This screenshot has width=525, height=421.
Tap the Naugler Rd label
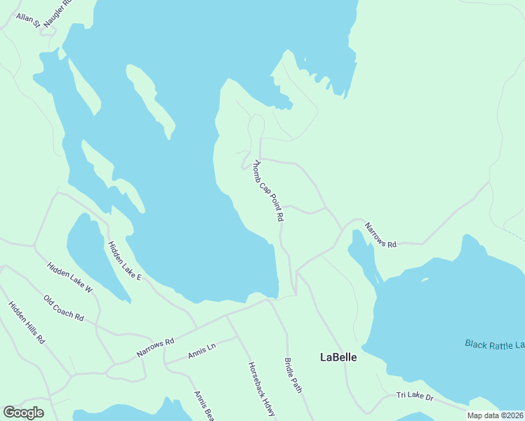pyautogui.click(x=58, y=13)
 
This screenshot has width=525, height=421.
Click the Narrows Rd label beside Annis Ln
pyautogui.click(x=155, y=347)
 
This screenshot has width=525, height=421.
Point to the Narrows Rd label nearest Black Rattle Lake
pyautogui.click(x=380, y=235)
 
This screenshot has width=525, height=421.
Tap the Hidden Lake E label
pyautogui.click(x=124, y=261)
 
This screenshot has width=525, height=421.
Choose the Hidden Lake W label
pyautogui.click(x=69, y=276)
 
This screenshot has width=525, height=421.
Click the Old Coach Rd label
pyautogui.click(x=63, y=308)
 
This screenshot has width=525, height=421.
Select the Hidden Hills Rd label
pyautogui.click(x=27, y=322)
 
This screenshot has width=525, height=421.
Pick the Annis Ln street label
pyautogui.click(x=201, y=352)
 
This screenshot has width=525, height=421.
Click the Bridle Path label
pyautogui.click(x=293, y=375)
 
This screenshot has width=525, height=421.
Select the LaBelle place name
pyautogui.click(x=338, y=357)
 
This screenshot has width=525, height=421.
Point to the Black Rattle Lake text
pyautogui.click(x=494, y=344)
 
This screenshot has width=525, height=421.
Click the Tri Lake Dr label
pyautogui.click(x=415, y=397)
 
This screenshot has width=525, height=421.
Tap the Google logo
pyautogui.click(x=23, y=413)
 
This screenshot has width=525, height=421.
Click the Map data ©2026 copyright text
pyautogui.click(x=495, y=415)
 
